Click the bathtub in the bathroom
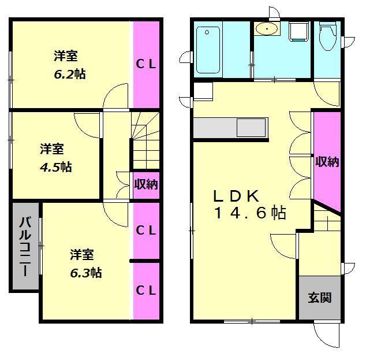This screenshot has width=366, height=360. click(x=207, y=50)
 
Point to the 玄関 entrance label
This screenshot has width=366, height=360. click(x=319, y=298)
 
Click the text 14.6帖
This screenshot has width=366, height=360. click(x=249, y=213)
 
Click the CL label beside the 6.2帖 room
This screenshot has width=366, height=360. click(x=146, y=64)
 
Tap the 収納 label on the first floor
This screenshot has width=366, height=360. click(x=327, y=162)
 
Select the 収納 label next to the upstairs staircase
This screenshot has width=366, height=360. click(x=146, y=184)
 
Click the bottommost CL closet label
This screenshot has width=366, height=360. click(x=146, y=291)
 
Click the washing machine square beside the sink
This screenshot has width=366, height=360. click(x=299, y=32)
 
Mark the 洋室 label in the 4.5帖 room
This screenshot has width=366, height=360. click(x=51, y=149)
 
